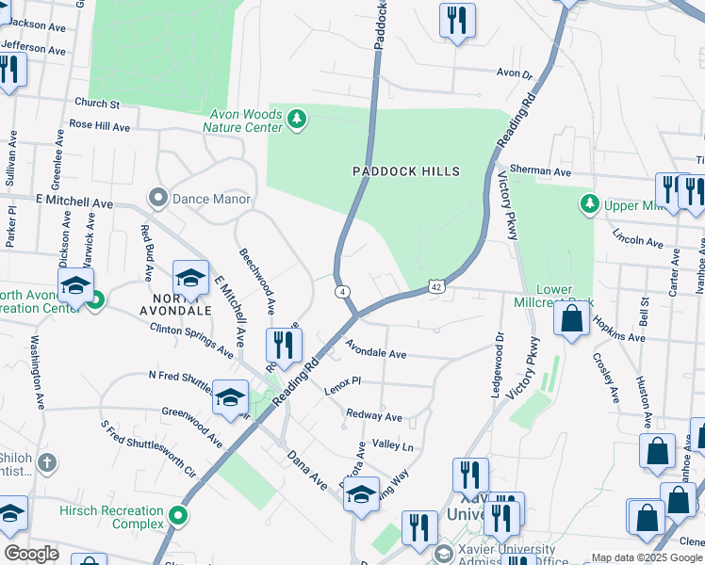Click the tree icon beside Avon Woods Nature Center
point(298,119)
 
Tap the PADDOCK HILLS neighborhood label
point(406,171)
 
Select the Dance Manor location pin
point(156,199)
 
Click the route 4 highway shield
point(338,292)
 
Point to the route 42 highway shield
point(435,286)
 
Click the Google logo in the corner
point(30,554)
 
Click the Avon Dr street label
point(515,72)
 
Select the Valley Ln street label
point(393,445)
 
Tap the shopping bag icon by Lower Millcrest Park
point(572,319)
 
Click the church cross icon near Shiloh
point(47,463)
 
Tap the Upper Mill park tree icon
point(590,203)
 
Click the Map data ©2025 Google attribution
point(646,557)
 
